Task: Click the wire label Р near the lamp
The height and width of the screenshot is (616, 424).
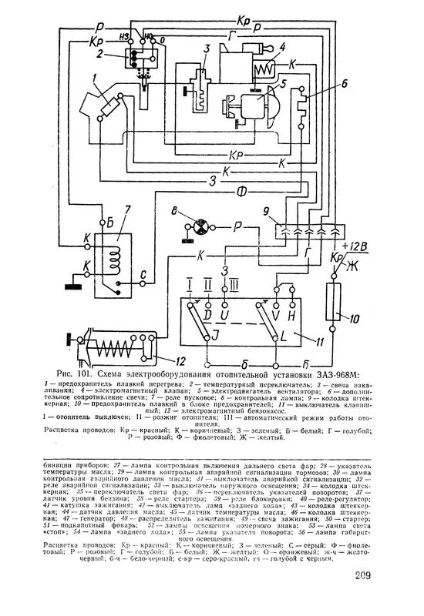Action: (239, 226)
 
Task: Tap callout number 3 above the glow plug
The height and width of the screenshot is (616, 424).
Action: (205, 49)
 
